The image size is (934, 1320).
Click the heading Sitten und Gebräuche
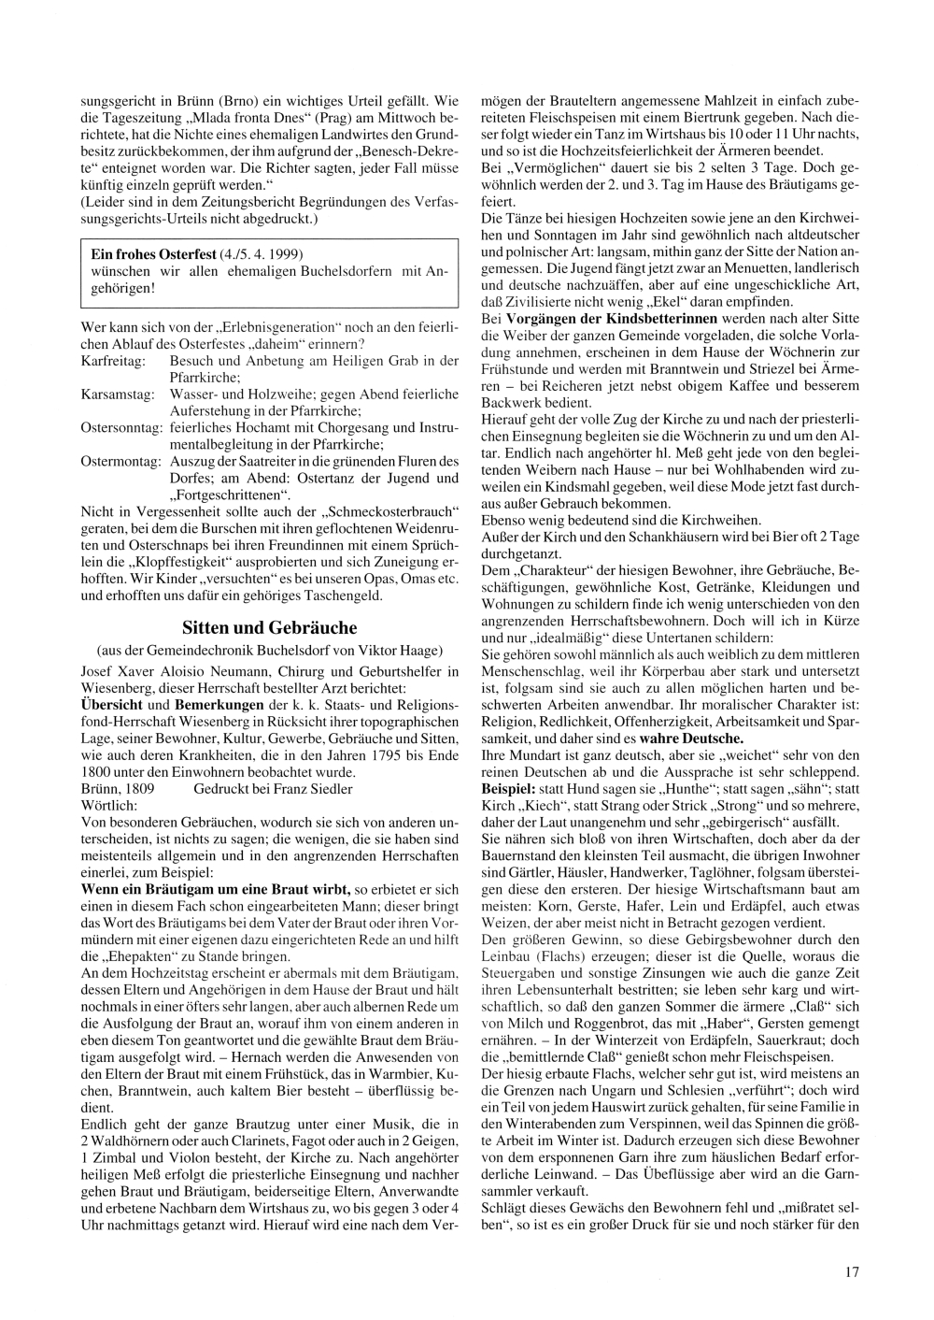point(269,627)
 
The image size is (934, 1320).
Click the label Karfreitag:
point(111,360)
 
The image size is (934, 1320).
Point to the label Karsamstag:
point(117,395)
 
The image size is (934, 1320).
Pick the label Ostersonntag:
point(120,428)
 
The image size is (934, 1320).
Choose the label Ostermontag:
point(120,462)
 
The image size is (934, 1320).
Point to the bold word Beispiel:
point(509,789)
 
